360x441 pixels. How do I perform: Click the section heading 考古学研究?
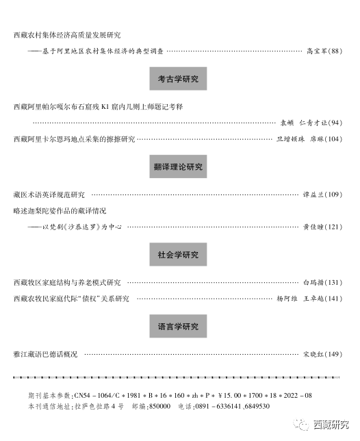(x=178, y=79)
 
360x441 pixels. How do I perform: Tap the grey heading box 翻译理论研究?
(x=178, y=166)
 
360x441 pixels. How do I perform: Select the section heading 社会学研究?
(x=178, y=255)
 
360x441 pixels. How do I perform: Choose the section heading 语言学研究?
(x=178, y=326)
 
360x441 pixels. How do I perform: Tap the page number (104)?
(x=333, y=139)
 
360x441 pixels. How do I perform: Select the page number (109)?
(x=333, y=194)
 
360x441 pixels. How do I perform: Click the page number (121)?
(x=333, y=227)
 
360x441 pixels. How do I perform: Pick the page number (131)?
(x=333, y=282)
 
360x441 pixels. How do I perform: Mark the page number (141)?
(x=333, y=299)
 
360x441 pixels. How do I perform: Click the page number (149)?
(x=333, y=354)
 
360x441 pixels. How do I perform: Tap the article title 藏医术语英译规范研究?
(x=49, y=194)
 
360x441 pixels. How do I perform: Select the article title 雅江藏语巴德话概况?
(x=45, y=354)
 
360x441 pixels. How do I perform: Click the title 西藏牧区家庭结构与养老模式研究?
(x=67, y=282)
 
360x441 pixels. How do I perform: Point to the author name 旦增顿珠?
(x=291, y=139)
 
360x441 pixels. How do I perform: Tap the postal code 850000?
(x=159, y=406)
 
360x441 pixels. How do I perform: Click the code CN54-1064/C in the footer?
(x=98, y=395)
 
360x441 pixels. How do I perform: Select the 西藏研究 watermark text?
(x=331, y=425)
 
